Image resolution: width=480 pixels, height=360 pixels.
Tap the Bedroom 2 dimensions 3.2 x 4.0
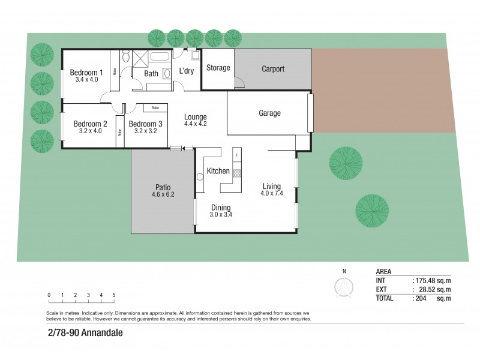point(90,131)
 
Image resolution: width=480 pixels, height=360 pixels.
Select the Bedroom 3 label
point(145,124)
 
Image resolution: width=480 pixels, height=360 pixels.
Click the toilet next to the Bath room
point(126,57)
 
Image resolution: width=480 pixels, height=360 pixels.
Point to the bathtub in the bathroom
point(160,58)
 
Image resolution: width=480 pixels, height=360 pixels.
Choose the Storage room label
point(218,68)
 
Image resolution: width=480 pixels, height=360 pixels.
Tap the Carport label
point(273,69)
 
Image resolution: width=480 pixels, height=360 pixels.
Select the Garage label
point(269,113)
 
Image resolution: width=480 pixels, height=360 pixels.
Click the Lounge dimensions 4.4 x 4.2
point(196,124)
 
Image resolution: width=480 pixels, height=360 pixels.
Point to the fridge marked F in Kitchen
point(237,155)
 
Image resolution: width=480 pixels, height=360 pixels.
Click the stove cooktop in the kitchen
point(236,173)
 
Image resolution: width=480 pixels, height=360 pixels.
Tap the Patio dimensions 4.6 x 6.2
point(163,194)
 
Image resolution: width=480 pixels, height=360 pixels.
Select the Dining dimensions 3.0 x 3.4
point(220,214)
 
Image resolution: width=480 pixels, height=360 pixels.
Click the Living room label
point(271,186)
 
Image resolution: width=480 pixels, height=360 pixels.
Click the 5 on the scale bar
point(113,295)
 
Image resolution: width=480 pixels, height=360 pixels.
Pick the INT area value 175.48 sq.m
point(432,280)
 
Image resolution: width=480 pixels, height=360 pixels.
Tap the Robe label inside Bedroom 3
point(155,108)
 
